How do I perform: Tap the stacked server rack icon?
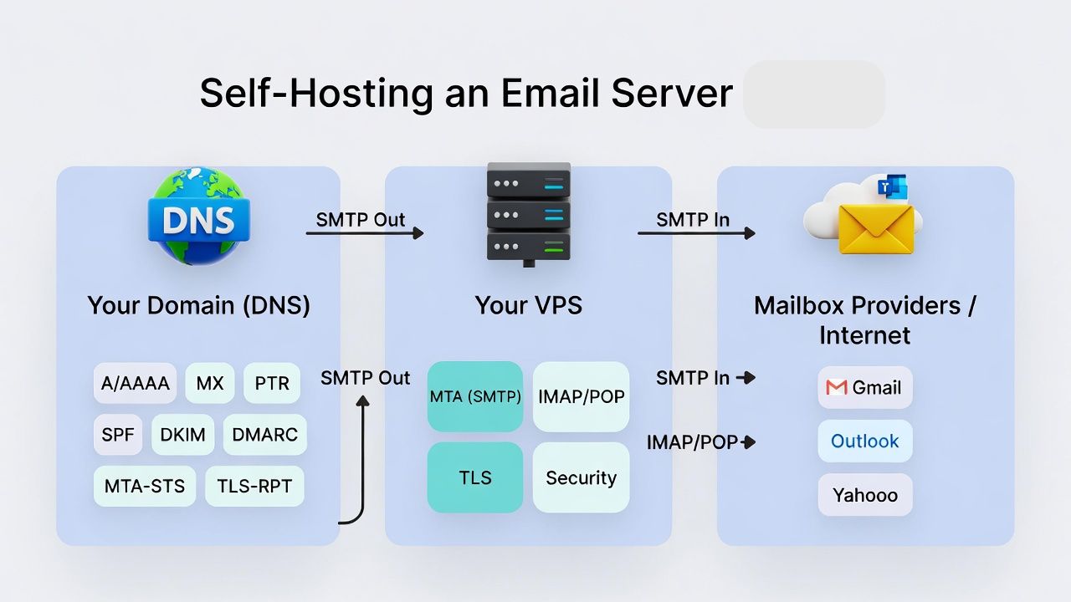pos(528,212)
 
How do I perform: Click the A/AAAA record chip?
pos(135,384)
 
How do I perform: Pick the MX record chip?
pos(210,384)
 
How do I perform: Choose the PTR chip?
pos(272,384)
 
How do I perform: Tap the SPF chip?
pos(118,435)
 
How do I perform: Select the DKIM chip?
pos(183,435)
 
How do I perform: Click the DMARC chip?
pos(265,435)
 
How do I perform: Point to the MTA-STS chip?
pos(145,486)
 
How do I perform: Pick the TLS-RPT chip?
pos(254,486)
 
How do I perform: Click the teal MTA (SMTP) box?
pos(475,396)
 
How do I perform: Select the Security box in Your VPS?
pos(581,477)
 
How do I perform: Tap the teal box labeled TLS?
pos(475,477)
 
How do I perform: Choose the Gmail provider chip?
pos(865,387)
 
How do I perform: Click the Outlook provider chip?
pos(865,441)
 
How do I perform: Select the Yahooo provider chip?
pos(865,495)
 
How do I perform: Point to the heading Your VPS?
pos(528,305)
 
